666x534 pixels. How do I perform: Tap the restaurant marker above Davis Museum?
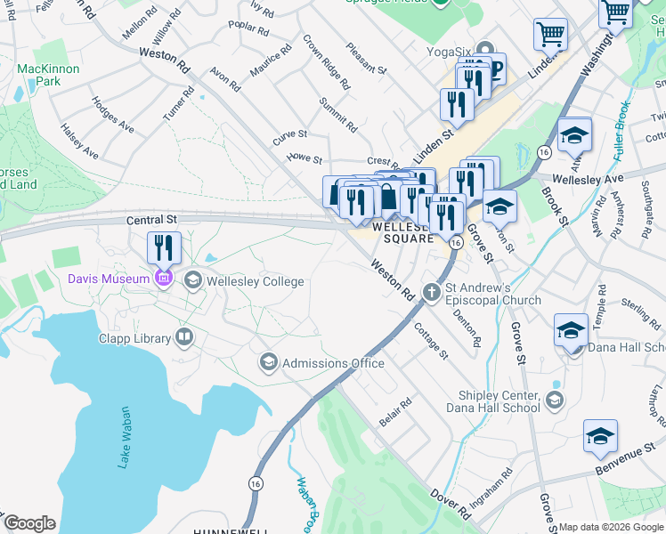coord(164,247)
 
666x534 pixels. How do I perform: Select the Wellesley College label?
coord(255,282)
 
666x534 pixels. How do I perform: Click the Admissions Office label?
coord(333,363)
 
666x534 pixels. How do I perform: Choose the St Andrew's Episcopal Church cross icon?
coord(432,292)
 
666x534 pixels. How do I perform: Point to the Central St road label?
coord(145,220)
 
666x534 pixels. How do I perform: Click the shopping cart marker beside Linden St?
coord(550,35)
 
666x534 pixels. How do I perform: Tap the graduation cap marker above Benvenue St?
coord(600,437)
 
